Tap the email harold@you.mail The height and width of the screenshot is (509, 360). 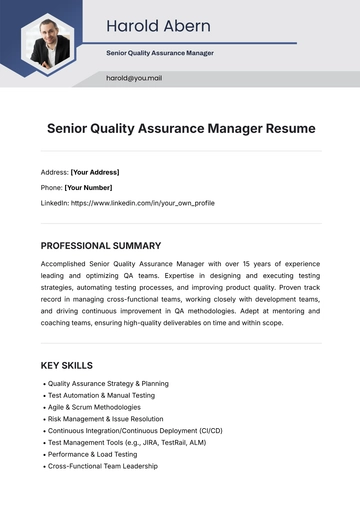pos(134,78)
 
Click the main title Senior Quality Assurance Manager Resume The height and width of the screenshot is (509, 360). pos(181,128)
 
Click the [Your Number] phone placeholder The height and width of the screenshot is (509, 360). pos(89,187)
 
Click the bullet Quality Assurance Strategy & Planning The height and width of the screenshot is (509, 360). pos(108,383)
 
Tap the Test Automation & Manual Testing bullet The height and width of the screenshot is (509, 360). pos(101,395)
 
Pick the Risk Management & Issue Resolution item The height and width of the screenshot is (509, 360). pos(106,419)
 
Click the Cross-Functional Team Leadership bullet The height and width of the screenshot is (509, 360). pos(102,466)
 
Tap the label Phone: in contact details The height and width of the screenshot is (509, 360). pos(51,187)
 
